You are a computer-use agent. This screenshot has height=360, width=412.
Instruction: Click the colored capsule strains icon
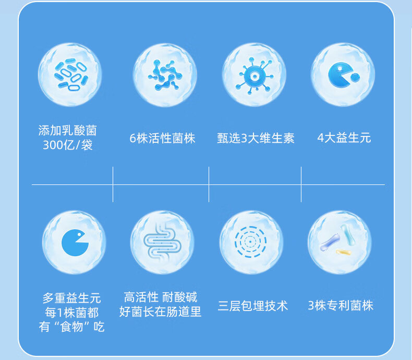coord(340,241)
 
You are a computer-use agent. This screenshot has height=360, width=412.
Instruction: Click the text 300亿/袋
coord(68,145)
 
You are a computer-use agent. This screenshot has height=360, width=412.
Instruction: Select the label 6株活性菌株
coord(162,138)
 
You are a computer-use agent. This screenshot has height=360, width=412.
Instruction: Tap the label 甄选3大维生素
coord(256,138)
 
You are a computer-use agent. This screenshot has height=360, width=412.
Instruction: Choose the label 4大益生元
coord(344,138)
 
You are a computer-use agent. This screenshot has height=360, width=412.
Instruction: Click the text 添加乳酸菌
coord(68,130)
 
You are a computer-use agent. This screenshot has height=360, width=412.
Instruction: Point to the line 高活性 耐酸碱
coord(161,297)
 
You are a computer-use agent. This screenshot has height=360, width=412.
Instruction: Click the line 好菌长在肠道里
coord(161,312)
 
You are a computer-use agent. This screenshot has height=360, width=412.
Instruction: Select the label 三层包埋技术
coord(253,306)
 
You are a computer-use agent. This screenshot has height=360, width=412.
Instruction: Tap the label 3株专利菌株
coord(341,306)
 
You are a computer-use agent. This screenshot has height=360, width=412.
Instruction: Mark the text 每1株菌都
coord(72,313)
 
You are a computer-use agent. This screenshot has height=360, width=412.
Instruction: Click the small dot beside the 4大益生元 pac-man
coord(355,77)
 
